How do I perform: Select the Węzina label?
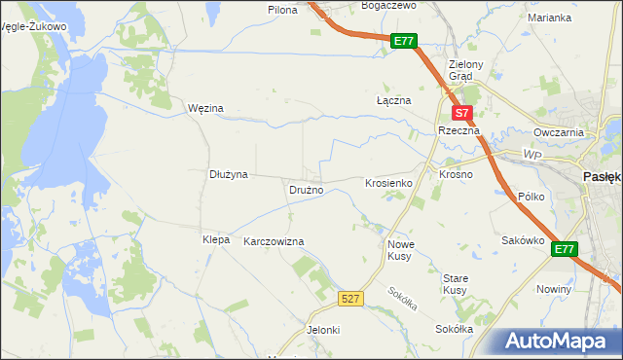point(205,108)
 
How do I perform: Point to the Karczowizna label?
point(274,241)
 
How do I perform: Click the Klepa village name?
point(215,239)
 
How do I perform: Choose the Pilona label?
point(282,9)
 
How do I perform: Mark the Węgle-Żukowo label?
point(34,26)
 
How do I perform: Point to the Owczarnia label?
point(558,132)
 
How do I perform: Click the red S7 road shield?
point(463,113)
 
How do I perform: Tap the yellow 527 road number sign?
point(352,298)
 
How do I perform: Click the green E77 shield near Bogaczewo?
point(405,41)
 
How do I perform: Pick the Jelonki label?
point(323,330)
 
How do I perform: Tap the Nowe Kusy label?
point(401,251)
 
